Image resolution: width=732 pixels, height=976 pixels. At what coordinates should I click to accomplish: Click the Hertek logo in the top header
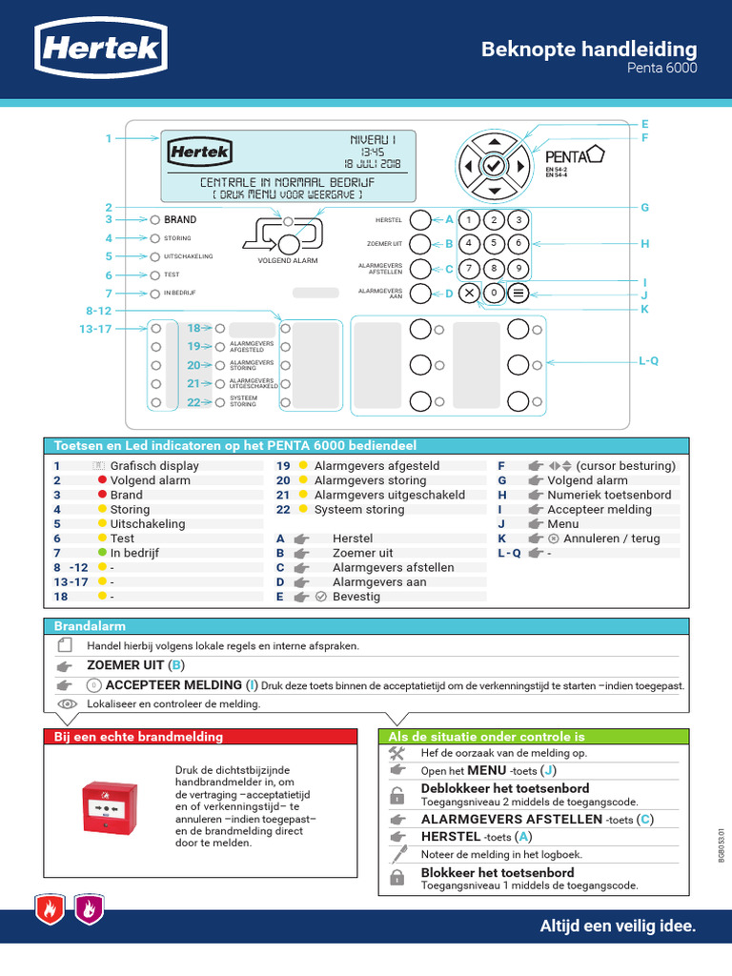(100, 49)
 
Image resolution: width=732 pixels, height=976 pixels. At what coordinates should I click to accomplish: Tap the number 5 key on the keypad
(493, 243)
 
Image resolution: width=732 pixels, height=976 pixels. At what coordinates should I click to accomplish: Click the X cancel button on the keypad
(469, 293)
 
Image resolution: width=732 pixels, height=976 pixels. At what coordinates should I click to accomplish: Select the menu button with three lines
(518, 293)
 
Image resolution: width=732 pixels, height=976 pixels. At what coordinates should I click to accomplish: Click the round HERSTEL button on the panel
(420, 219)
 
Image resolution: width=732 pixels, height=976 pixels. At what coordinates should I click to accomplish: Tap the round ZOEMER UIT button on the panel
(420, 244)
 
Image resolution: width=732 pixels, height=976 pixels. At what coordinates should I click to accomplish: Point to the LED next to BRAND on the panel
(154, 219)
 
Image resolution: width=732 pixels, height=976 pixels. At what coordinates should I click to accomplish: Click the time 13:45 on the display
(372, 151)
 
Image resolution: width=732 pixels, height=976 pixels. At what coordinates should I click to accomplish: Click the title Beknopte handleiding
(588, 49)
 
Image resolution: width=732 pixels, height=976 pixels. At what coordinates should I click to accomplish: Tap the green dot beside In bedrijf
(101, 553)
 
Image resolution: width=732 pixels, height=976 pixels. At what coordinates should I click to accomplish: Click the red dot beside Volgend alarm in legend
(101, 480)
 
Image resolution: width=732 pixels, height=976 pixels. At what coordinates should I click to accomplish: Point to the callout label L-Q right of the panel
(648, 360)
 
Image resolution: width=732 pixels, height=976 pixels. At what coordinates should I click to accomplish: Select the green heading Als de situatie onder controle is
(486, 736)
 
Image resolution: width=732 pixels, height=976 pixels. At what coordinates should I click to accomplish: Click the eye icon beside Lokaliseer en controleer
(66, 703)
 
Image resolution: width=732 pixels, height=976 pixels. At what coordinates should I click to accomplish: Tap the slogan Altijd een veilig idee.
(618, 925)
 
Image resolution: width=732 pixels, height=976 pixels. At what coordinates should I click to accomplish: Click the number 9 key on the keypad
(518, 268)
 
